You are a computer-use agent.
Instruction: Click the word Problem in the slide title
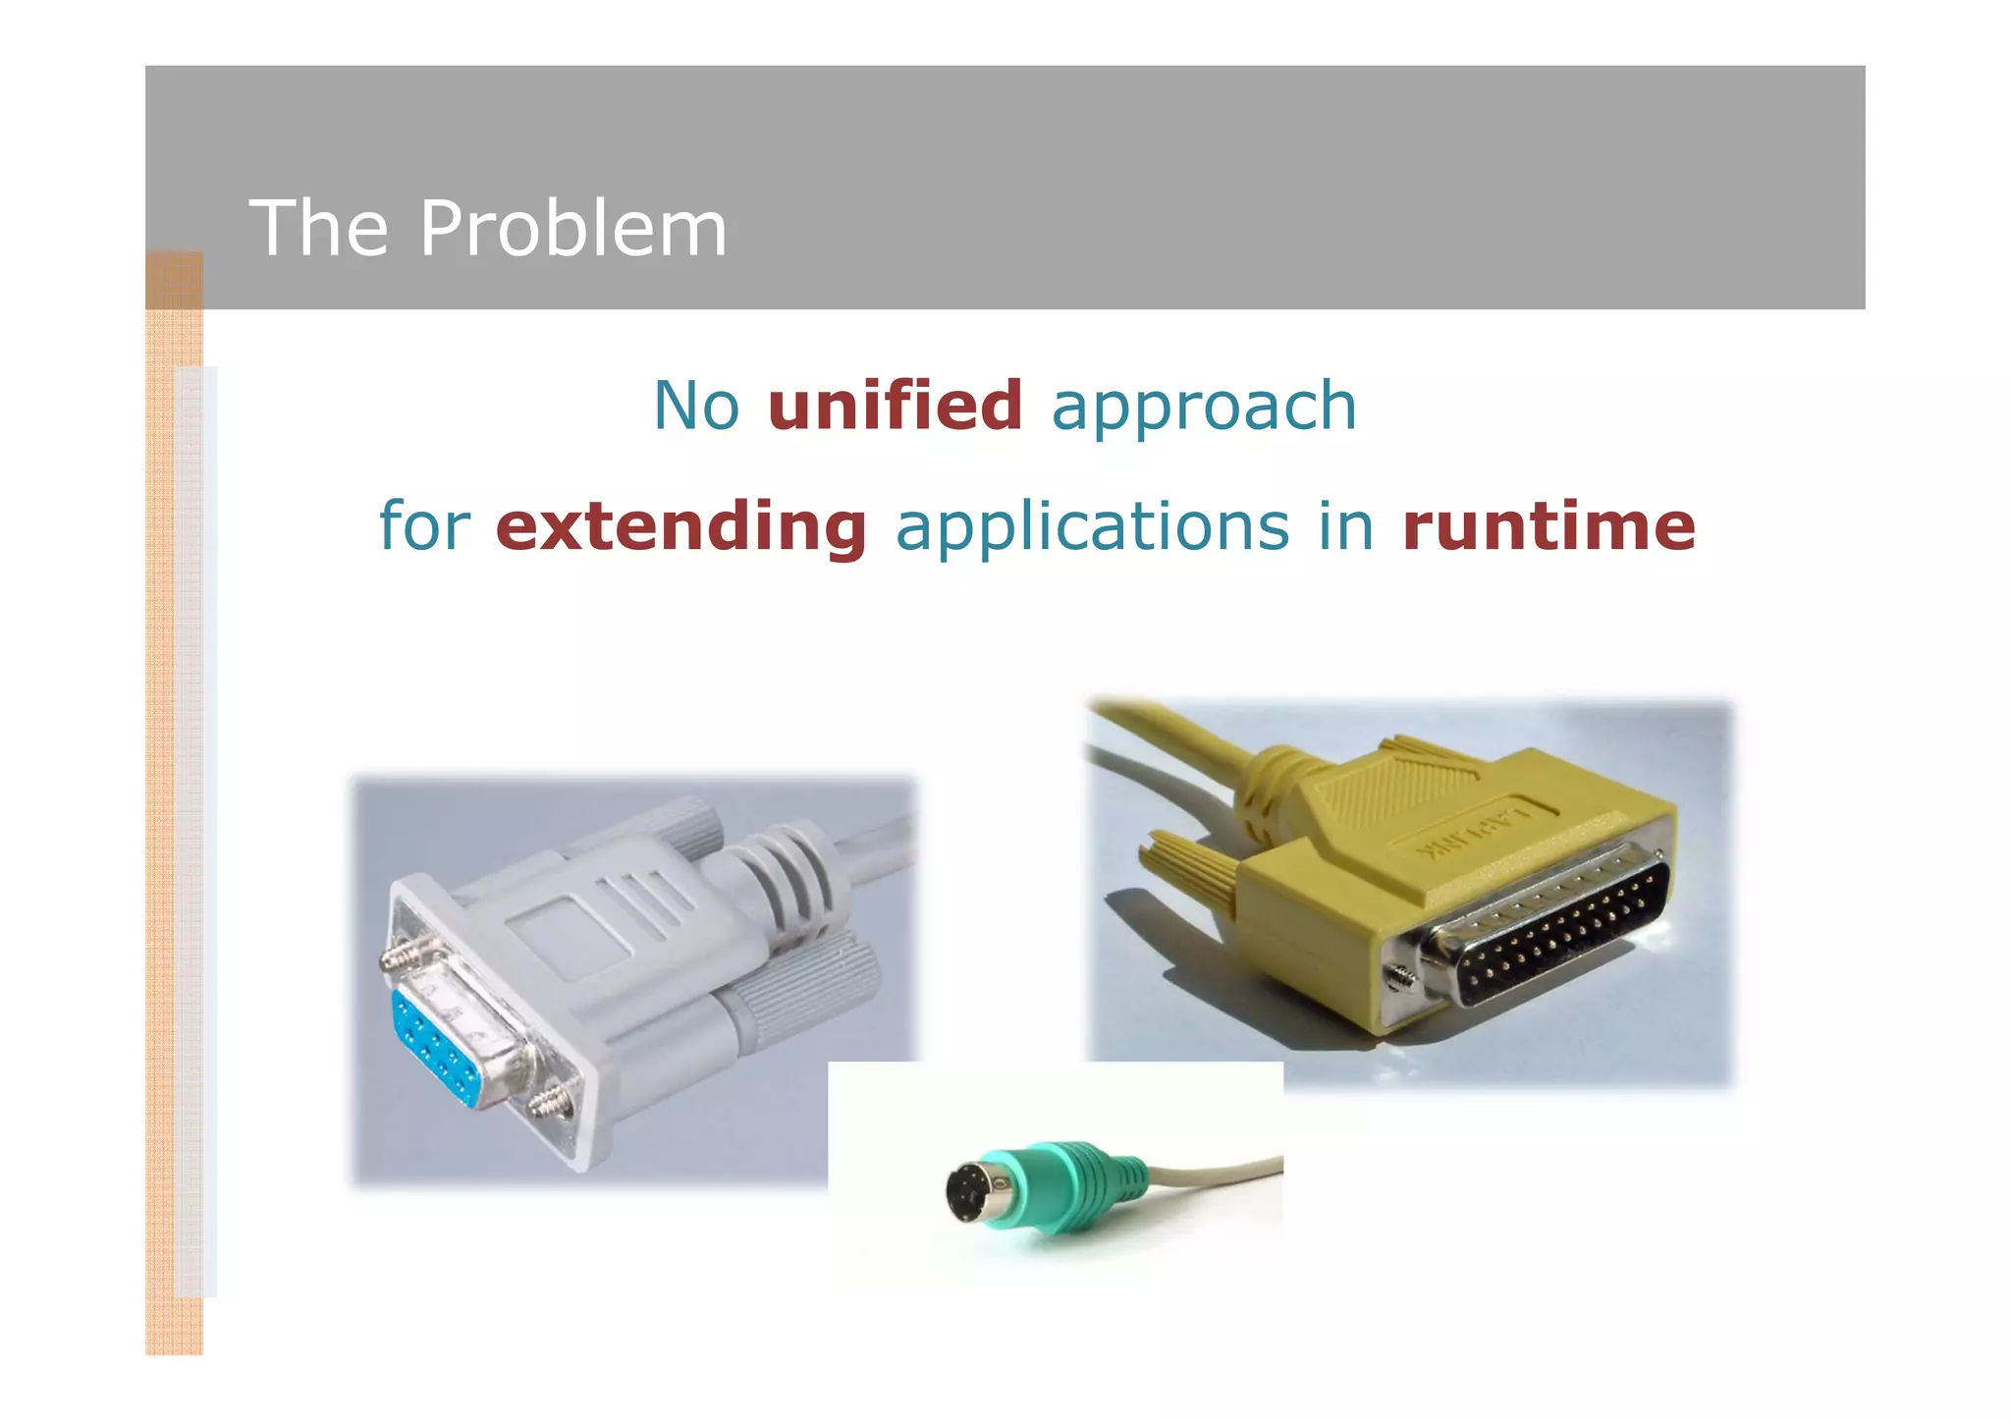point(573,230)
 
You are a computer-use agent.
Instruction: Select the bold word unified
point(895,406)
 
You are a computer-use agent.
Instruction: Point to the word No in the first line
point(696,406)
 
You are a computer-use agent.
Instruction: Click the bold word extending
point(680,527)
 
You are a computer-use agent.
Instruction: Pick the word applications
point(1092,527)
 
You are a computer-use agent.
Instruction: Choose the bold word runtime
point(1548,527)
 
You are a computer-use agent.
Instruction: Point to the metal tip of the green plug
point(972,1192)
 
